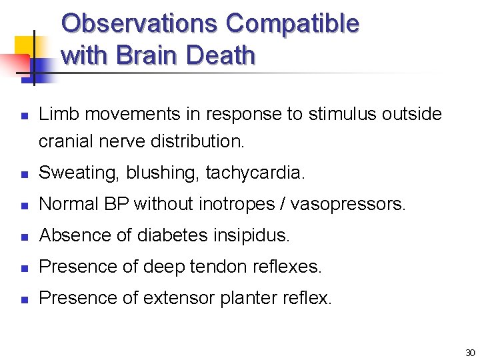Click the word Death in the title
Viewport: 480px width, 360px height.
[221, 55]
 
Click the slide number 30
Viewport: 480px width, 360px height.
[470, 353]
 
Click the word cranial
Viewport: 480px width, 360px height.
[66, 141]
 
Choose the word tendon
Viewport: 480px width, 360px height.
[214, 267]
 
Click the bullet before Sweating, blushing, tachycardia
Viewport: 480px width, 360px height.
[23, 174]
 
